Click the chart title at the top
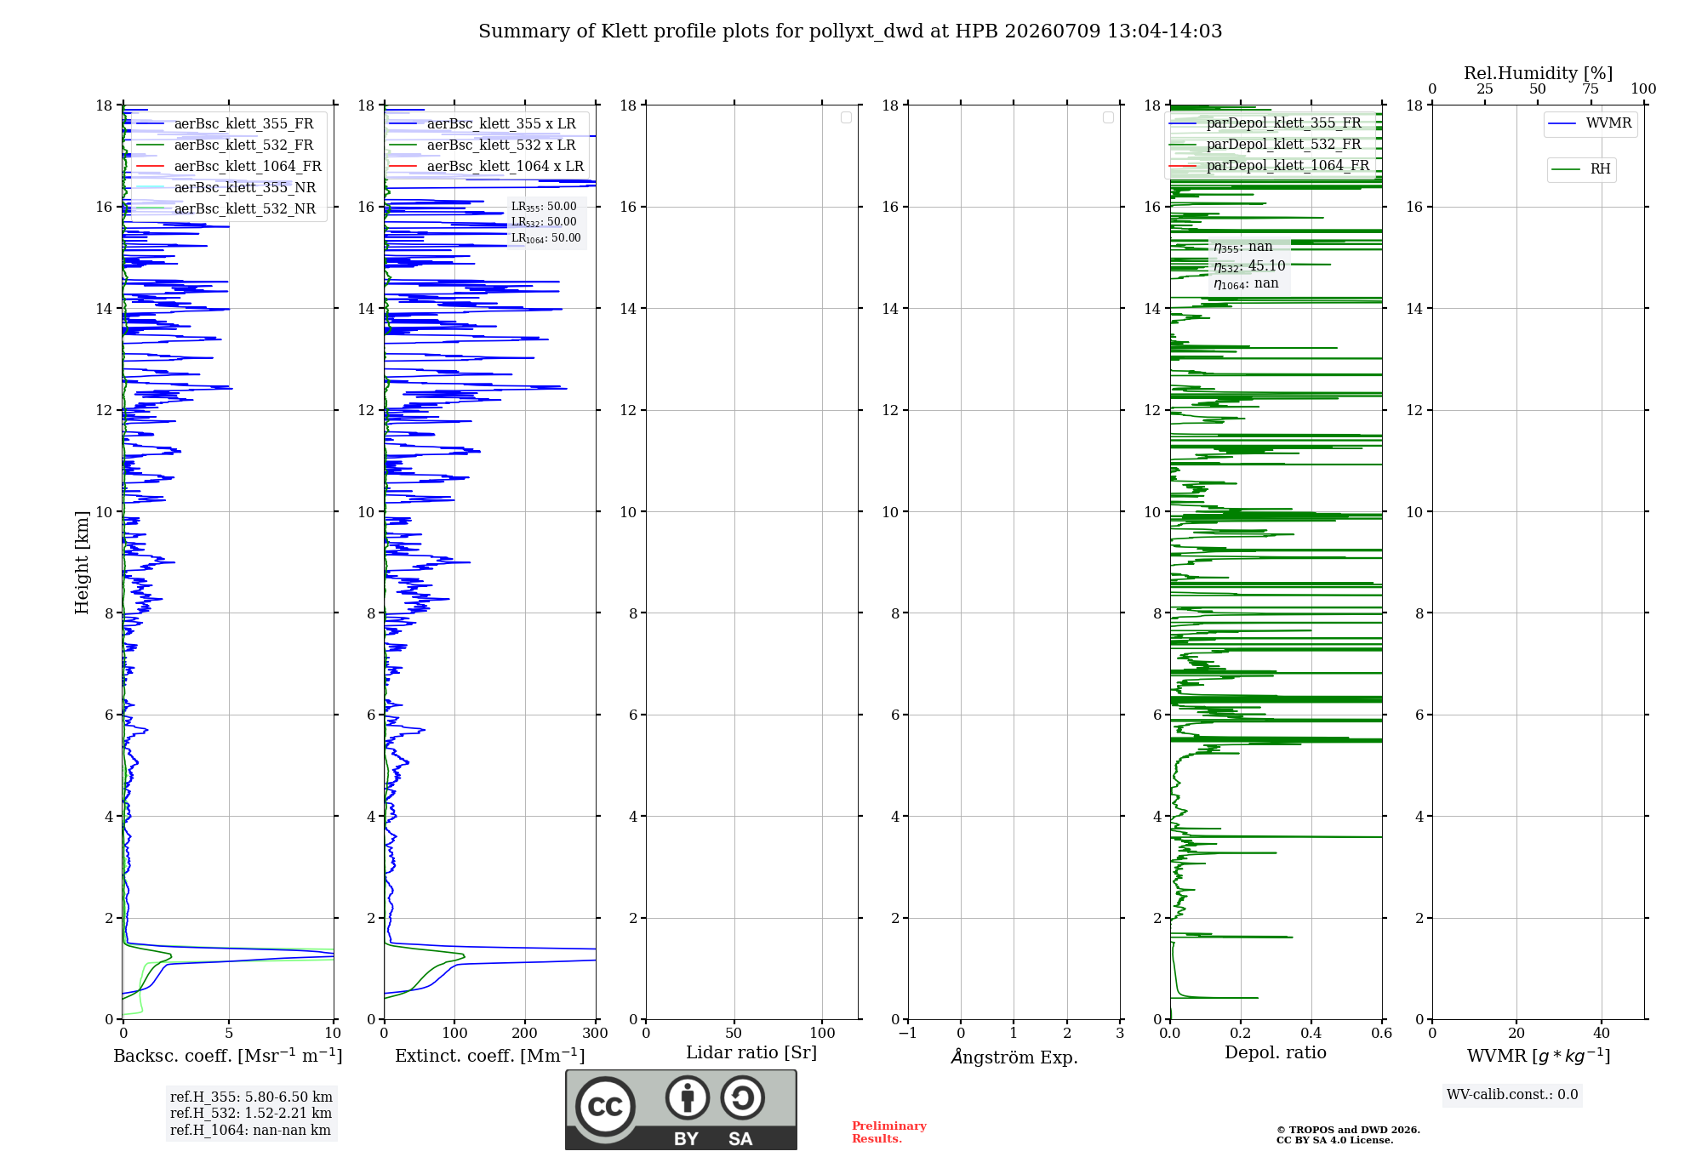click(850, 31)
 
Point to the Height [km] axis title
click(82, 562)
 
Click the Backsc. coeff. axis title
click(228, 1056)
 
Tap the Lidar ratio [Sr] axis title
click(751, 1052)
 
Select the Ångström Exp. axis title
click(1014, 1057)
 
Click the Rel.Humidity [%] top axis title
click(1538, 73)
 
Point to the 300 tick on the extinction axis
click(596, 1033)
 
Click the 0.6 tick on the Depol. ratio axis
click(1382, 1033)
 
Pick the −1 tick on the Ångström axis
click(908, 1033)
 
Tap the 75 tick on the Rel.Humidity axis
click(1591, 88)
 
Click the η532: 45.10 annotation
click(1249, 266)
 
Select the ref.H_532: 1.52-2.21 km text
click(251, 1113)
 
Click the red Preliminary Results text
click(889, 1132)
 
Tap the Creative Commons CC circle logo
click(605, 1107)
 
